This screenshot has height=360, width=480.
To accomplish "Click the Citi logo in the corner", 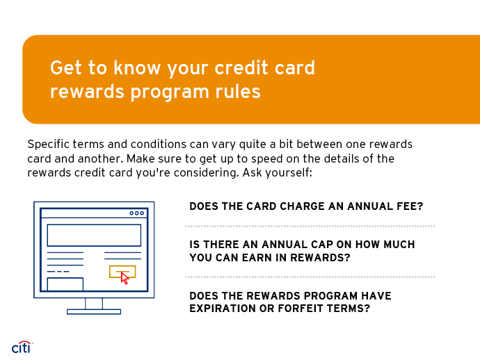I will coord(22,346).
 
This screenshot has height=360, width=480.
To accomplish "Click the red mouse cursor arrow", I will coord(125,278).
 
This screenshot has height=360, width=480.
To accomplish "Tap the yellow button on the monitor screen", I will coord(122,271).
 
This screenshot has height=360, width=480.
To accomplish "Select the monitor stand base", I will coord(94,311).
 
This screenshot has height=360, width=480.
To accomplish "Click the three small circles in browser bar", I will coord(137,213).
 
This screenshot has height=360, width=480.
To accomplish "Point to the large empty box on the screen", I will coord(94,235).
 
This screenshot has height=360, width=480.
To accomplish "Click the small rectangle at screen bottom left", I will coord(65,284).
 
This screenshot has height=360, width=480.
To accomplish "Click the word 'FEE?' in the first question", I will coord(409,206).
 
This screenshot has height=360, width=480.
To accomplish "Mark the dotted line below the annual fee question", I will coord(310,226).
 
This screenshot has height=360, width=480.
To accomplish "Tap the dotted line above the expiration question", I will coord(310,277).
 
